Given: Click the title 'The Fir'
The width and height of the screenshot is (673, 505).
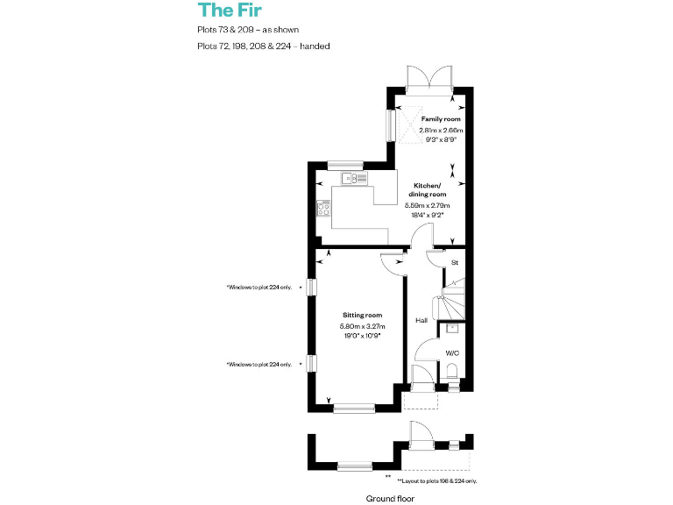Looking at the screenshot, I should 230,11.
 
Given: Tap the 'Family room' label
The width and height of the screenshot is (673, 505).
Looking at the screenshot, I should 440,118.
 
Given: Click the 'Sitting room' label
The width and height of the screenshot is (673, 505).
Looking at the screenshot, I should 362,315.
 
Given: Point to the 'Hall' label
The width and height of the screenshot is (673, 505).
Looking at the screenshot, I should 422,320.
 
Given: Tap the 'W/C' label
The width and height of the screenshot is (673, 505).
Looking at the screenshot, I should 452,352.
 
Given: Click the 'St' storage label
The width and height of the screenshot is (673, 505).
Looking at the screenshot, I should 454,262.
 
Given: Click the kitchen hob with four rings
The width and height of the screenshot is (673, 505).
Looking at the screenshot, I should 324,208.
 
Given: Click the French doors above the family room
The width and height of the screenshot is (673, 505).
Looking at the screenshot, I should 429,78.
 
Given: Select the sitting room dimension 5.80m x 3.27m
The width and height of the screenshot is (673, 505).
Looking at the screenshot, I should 362,326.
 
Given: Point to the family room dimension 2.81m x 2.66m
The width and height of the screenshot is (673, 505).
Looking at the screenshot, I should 440,130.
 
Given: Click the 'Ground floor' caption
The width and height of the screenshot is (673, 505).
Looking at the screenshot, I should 390,498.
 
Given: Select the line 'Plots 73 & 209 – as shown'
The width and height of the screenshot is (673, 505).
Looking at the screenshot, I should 248,30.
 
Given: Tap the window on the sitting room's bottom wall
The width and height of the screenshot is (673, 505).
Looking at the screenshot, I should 353,407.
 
